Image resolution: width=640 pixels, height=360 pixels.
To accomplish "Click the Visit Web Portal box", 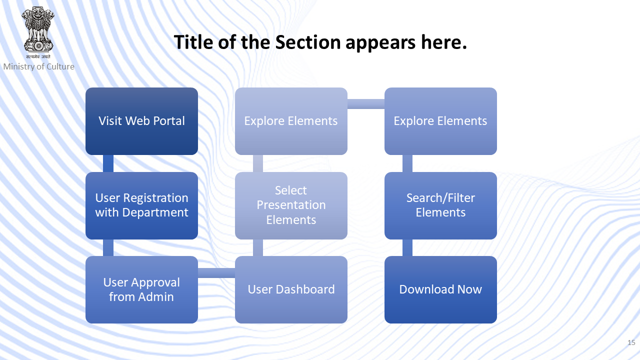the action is (x=141, y=121).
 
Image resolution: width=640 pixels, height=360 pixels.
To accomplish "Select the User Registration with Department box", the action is (x=141, y=205).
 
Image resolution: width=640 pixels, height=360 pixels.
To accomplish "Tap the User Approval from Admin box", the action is (x=141, y=289).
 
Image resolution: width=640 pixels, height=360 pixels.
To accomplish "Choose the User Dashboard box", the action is (x=291, y=289).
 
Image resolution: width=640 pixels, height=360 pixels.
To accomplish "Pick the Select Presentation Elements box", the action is (x=291, y=205).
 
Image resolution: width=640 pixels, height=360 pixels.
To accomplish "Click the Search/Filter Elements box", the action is (x=440, y=205).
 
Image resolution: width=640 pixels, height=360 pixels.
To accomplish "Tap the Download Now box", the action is (x=440, y=289).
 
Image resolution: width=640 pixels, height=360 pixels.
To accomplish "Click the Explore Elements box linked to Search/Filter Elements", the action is (x=440, y=121).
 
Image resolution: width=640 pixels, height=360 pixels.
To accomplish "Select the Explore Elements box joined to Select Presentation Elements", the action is (x=291, y=121).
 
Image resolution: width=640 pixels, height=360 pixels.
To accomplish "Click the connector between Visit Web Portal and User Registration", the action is (x=108, y=163).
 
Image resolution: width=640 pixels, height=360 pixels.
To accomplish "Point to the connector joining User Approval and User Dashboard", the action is (x=216, y=273).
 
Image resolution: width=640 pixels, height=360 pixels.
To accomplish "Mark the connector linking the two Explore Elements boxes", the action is (x=366, y=104).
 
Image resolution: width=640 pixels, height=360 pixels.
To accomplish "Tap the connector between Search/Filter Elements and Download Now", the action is (x=407, y=247).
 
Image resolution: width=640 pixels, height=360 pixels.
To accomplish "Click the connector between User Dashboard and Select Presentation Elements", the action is (x=258, y=247).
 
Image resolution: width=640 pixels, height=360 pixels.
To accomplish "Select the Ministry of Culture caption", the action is (x=39, y=66).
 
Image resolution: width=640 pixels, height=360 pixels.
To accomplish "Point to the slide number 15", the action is (x=631, y=342).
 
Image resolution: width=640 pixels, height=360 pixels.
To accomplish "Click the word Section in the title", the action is (x=307, y=42).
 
